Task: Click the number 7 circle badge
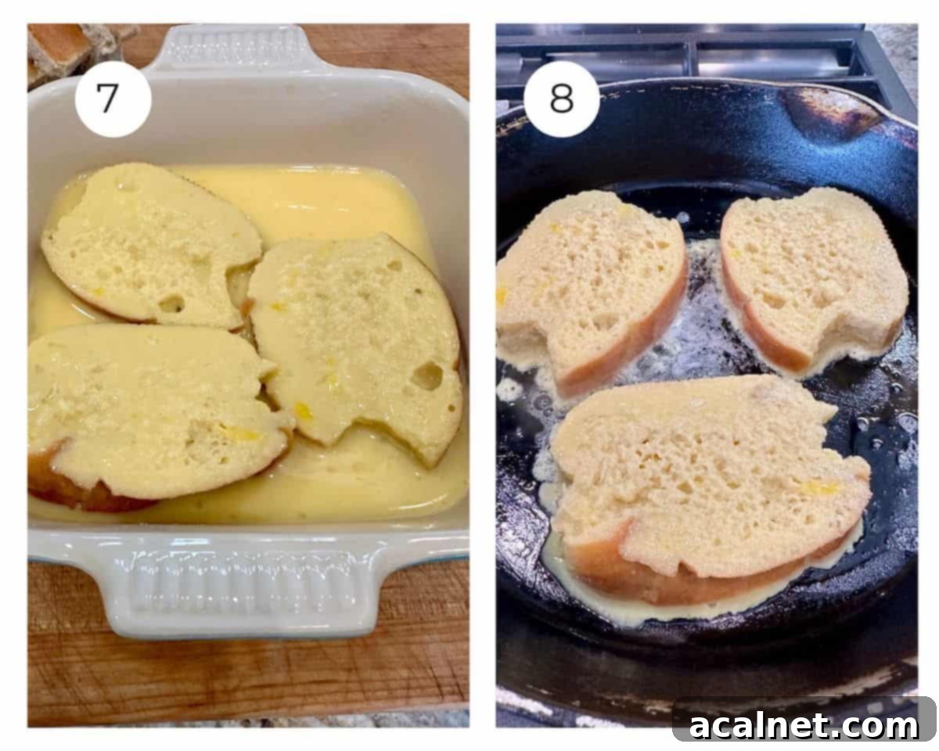pos(113,99)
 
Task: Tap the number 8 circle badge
pos(561,99)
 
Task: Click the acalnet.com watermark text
pos(804,725)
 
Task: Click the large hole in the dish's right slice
pos(426,376)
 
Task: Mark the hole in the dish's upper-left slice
pos(170,304)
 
